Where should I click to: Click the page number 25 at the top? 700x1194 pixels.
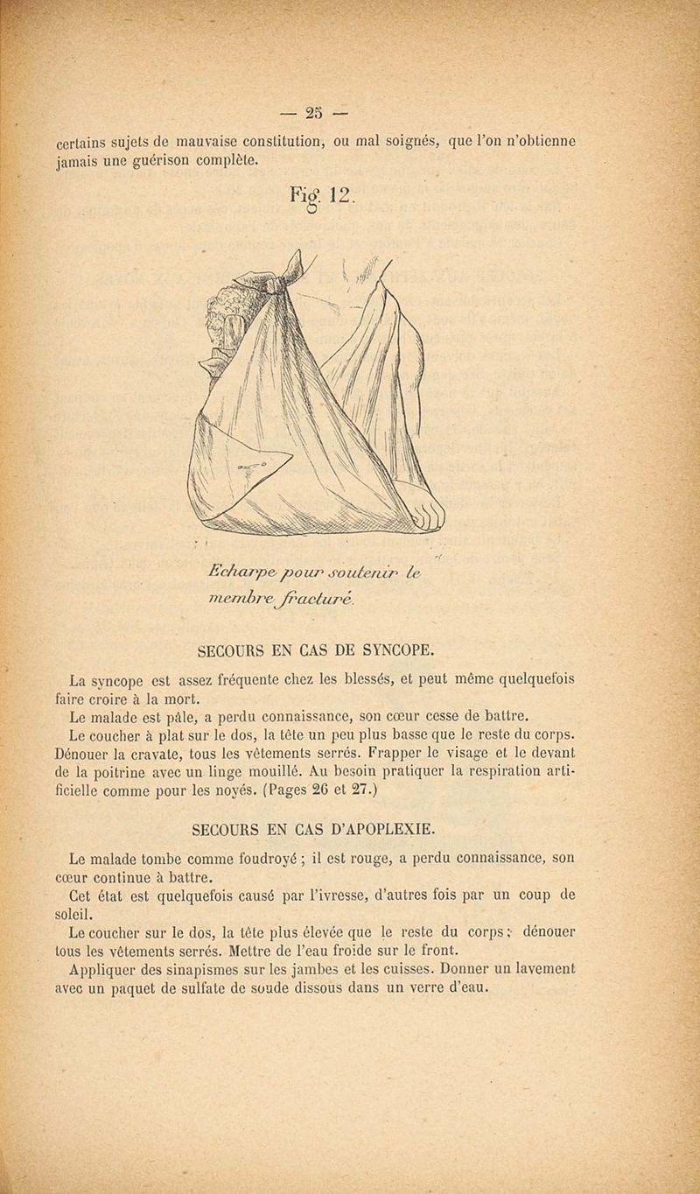coord(314,113)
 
